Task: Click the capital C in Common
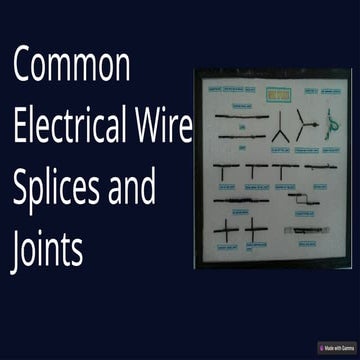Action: tap(22, 66)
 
